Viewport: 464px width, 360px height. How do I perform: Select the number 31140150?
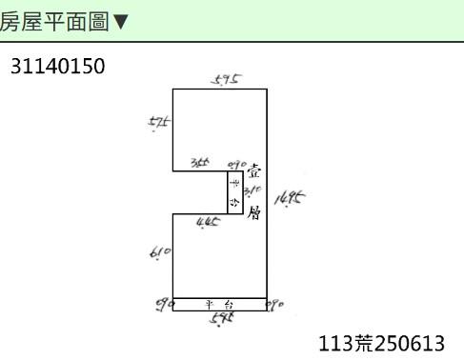57,67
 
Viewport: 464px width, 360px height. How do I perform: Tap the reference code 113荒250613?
381,343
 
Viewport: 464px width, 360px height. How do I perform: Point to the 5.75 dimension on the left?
159,122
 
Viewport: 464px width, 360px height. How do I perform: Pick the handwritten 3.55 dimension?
200,164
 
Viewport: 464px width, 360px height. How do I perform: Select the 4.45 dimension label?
208,222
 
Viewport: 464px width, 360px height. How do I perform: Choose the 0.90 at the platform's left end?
163,305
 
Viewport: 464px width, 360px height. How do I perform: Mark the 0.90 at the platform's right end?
276,305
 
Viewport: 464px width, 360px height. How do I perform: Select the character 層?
253,213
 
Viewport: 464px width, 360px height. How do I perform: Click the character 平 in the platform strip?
209,305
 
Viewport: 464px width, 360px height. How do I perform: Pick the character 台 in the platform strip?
230,305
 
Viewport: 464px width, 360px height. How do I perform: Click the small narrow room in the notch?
234,193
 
